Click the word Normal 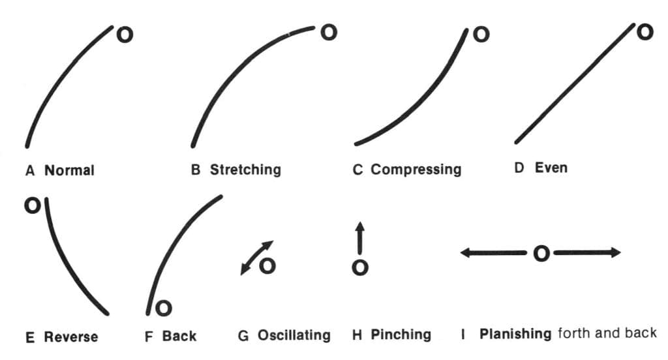(69, 170)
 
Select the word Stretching (245, 170)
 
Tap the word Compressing (416, 170)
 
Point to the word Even (551, 168)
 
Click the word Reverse (71, 337)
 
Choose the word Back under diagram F (179, 337)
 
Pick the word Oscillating (294, 336)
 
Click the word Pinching (401, 335)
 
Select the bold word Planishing (515, 335)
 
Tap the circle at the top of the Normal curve (124, 35)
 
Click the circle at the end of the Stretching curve (329, 31)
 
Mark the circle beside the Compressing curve (480, 34)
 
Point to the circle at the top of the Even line (645, 31)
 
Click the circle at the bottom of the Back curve (164, 307)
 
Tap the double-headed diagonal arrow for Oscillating (256, 258)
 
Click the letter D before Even (519, 168)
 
